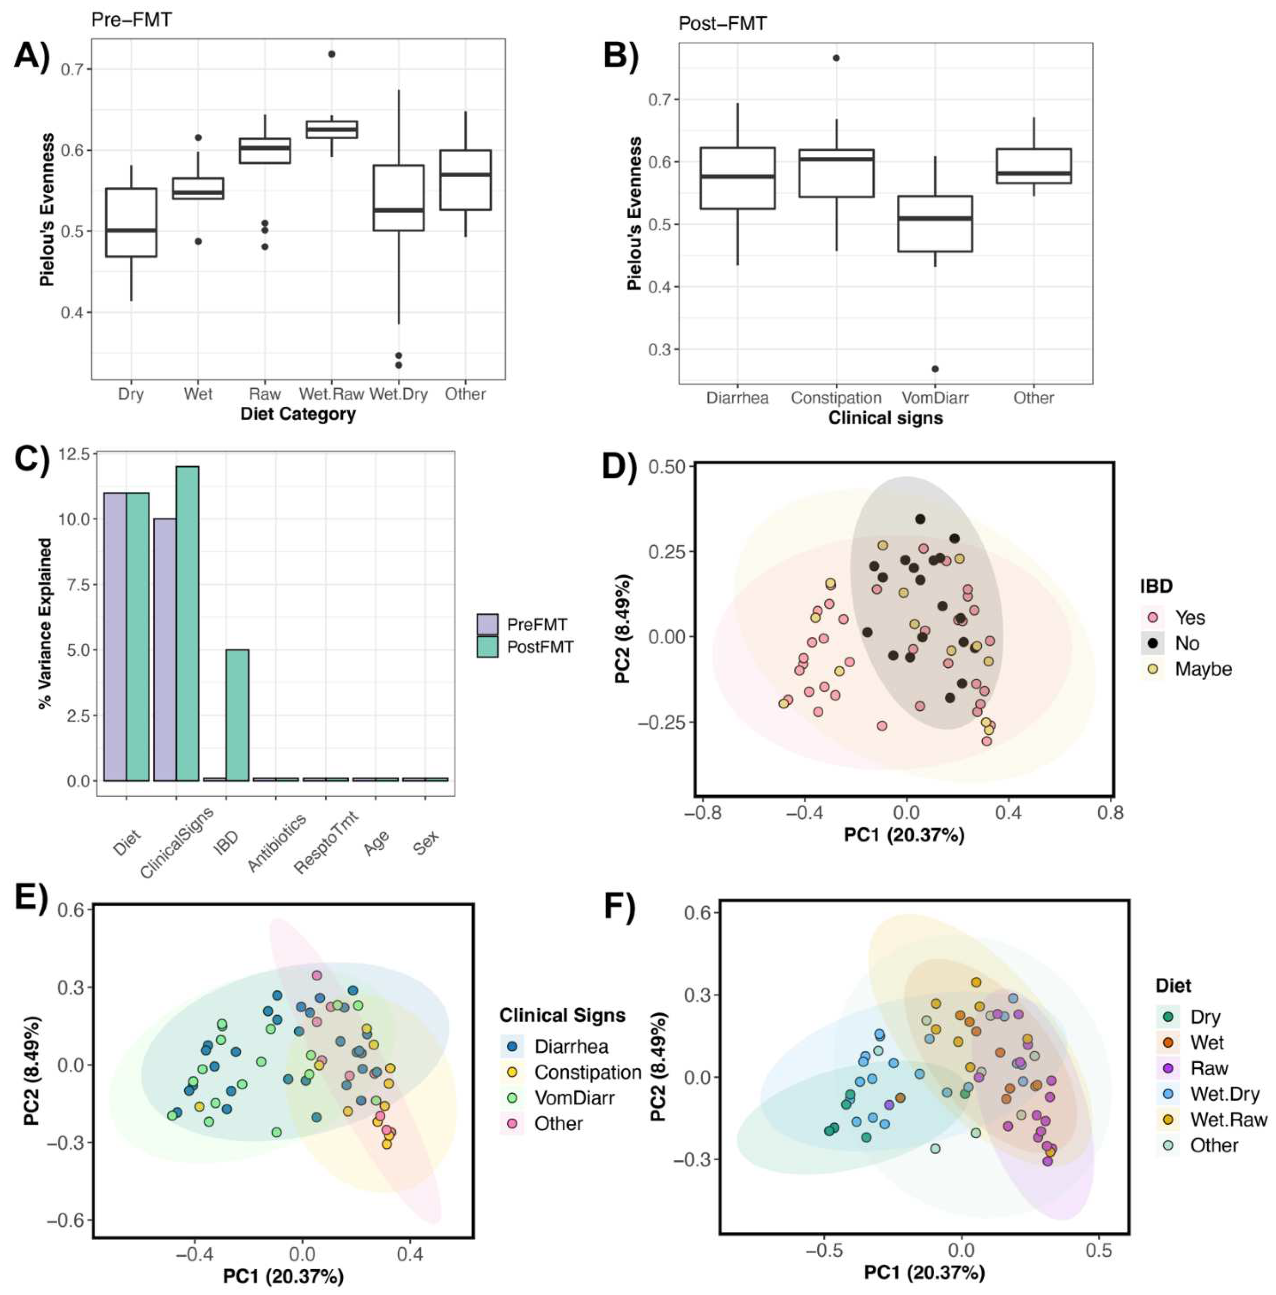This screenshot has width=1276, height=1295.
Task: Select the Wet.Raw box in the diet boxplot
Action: click(332, 129)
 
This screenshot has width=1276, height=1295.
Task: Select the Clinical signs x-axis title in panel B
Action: click(885, 418)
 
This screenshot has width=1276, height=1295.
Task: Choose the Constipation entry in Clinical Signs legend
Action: click(587, 1072)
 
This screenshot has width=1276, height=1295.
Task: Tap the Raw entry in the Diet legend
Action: click(1209, 1069)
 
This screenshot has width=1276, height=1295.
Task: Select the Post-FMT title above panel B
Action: click(722, 24)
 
